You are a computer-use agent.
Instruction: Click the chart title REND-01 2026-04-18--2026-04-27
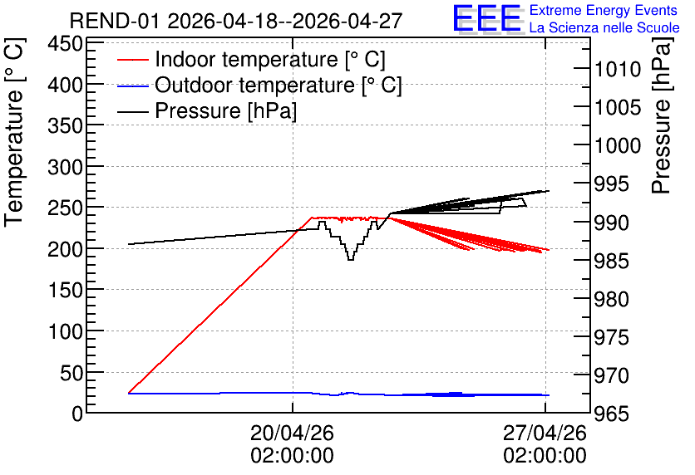point(236,21)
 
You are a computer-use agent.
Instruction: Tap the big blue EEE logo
point(487,18)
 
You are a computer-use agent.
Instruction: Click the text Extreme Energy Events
point(604,10)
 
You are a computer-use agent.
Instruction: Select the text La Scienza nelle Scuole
point(604,27)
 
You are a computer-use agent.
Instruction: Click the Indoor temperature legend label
point(270,59)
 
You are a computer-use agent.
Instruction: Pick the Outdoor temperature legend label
point(278,85)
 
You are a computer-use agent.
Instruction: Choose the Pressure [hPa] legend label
point(225,110)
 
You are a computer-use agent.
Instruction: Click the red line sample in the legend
point(132,59)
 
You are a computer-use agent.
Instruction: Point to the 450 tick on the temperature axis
point(66,44)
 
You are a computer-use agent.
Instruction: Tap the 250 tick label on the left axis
point(66,208)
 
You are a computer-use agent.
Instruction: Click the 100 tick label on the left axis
point(66,331)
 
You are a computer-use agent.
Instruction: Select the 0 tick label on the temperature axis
point(77,414)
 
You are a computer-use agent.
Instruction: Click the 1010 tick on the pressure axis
point(618,70)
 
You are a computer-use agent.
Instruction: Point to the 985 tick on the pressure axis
point(612,261)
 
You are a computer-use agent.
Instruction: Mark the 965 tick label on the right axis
point(612,414)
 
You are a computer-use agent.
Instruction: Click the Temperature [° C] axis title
point(14,133)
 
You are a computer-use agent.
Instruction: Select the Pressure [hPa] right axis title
point(661,115)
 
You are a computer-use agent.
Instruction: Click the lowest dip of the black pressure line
point(351,259)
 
